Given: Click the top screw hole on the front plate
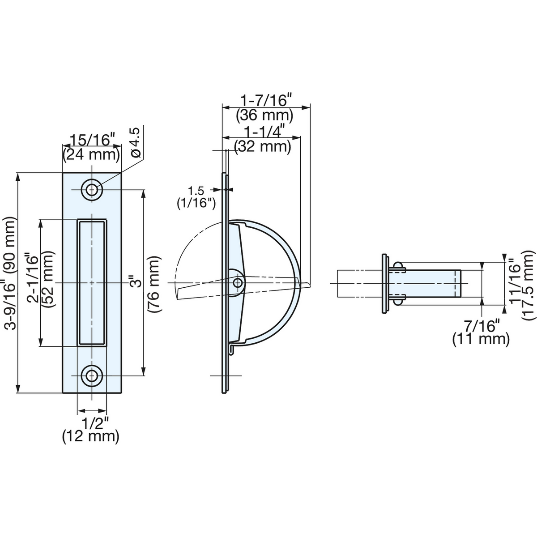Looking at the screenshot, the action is coord(92,190).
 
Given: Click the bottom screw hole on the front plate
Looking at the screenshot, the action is coord(92,376).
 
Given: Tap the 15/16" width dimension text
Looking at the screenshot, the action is coord(92,140).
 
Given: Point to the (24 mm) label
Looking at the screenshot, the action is coord(92,154).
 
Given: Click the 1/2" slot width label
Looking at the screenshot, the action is coord(92,424).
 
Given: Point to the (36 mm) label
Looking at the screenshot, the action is coord(265,115).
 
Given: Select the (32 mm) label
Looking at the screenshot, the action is coord(263,146).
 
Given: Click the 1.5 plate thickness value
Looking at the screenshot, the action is coord(196,192).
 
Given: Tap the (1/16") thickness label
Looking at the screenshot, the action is coord(196,204).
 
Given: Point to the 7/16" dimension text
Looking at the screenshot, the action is coord(481,326).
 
